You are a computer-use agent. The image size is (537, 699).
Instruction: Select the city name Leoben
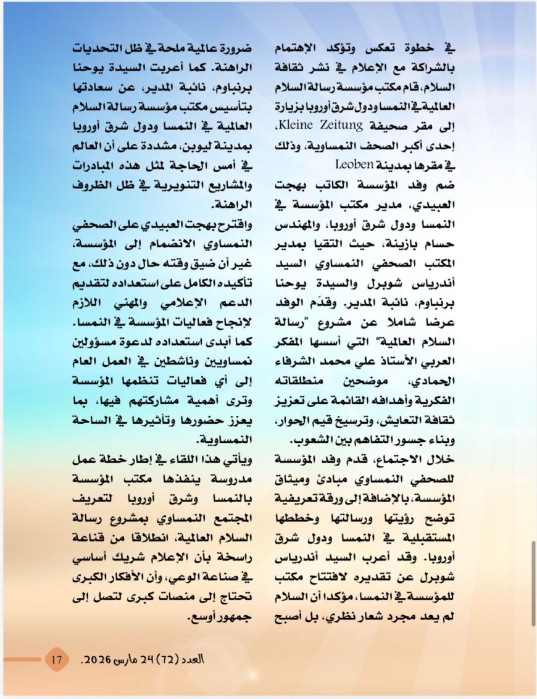pos(354,165)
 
